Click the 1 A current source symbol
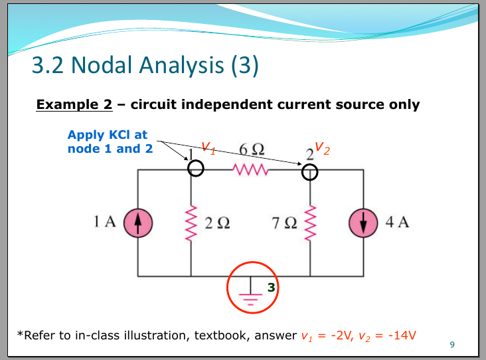(138, 223)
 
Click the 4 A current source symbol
(363, 223)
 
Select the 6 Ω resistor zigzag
(250, 169)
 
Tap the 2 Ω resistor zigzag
(191, 223)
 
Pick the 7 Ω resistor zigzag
(310, 223)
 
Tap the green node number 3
(272, 288)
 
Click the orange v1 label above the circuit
(208, 147)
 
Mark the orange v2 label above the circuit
(323, 148)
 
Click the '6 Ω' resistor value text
(252, 149)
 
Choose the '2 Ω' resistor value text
(218, 223)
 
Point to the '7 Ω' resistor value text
(285, 223)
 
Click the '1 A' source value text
(105, 222)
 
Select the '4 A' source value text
(397, 222)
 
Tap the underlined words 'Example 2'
(74, 104)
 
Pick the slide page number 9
(452, 345)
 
